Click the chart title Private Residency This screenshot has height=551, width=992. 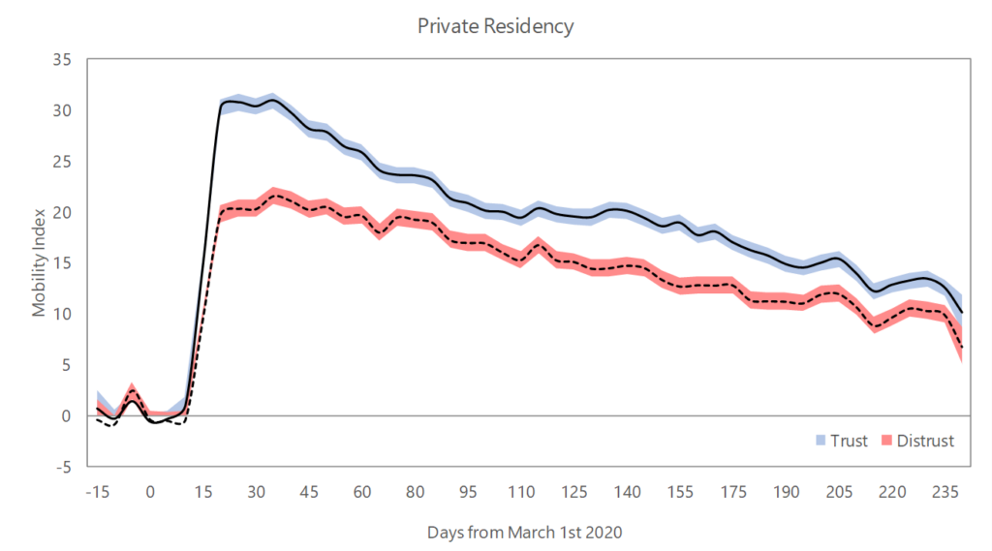[x=495, y=26]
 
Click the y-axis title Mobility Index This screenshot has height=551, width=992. [x=39, y=261]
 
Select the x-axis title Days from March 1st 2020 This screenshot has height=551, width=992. [x=524, y=532]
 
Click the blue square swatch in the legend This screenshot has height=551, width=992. [x=821, y=441]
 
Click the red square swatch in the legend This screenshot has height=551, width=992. [x=885, y=441]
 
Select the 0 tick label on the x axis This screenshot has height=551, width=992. [x=150, y=492]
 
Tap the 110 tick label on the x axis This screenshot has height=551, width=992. [x=521, y=492]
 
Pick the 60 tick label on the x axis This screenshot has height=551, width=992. [x=362, y=492]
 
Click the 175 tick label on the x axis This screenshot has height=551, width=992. [x=733, y=492]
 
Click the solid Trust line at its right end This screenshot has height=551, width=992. [x=961, y=312]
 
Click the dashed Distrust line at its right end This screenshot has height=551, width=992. [x=961, y=348]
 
